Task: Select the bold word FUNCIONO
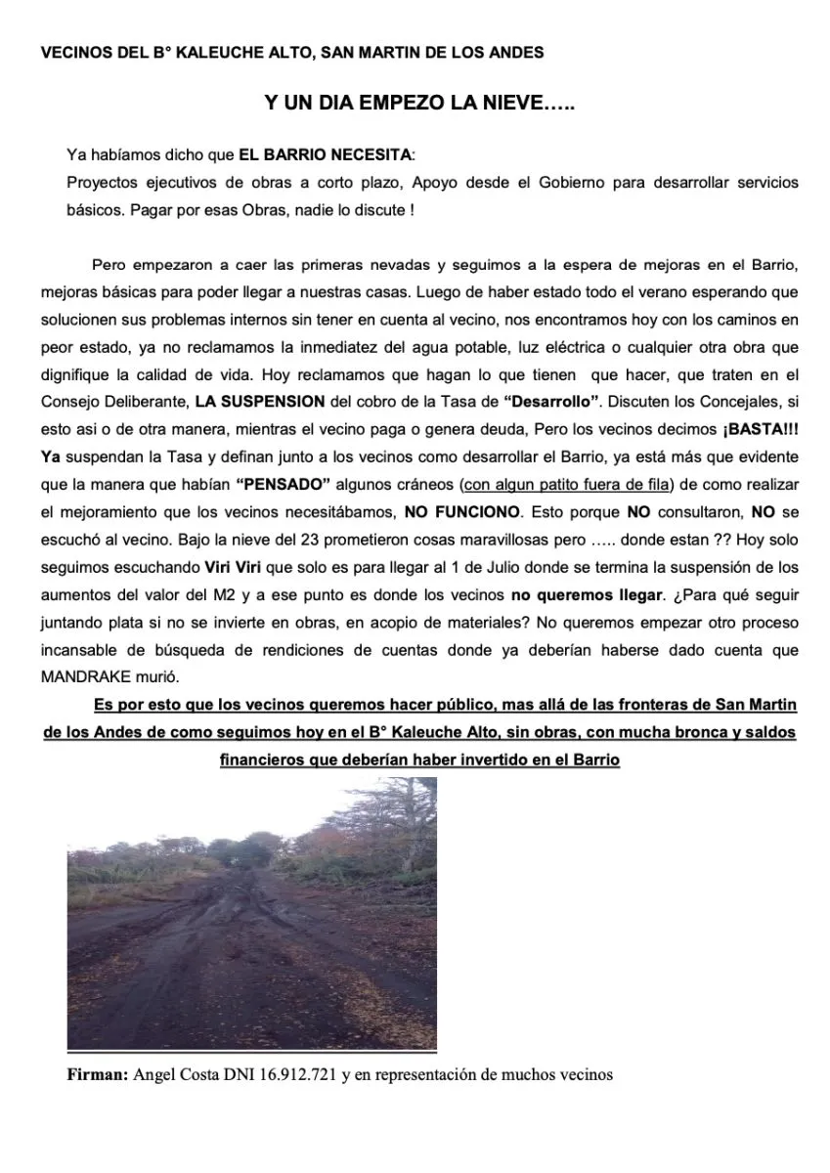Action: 479,512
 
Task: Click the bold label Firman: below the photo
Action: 96,1075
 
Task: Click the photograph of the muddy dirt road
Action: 251,913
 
